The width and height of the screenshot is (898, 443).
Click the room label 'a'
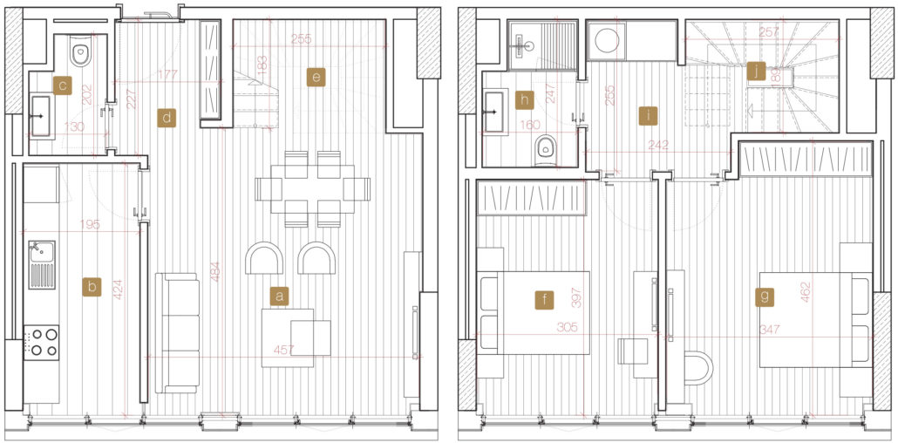click(x=280, y=296)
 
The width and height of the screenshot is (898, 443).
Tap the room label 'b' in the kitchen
click(x=92, y=287)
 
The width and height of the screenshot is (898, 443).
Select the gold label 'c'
click(x=62, y=85)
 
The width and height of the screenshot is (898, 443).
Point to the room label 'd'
click(x=166, y=118)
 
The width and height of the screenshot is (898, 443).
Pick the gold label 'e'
click(x=316, y=77)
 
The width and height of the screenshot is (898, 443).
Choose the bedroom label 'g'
click(x=765, y=296)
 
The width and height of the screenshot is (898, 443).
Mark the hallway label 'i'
click(x=648, y=116)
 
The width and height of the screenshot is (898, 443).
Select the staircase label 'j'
click(x=757, y=72)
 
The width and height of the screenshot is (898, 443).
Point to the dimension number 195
click(x=90, y=225)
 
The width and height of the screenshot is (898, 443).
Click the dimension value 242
click(x=659, y=145)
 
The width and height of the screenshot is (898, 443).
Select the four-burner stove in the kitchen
click(x=41, y=343)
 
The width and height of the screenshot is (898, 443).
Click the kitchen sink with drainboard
click(x=42, y=264)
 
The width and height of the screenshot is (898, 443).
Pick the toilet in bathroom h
click(x=547, y=150)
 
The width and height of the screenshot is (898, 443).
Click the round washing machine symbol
click(x=607, y=41)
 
